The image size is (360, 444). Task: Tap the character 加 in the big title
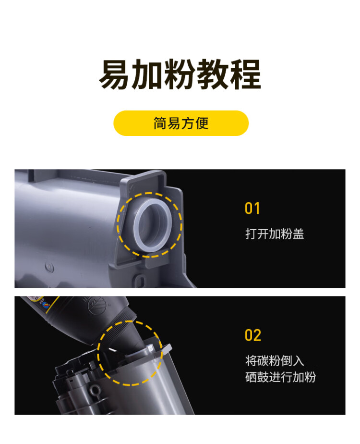[x=147, y=74]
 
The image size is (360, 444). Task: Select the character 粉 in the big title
[x=180, y=74]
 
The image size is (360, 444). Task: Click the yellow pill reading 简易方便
[x=180, y=123]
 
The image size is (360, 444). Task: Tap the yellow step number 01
[x=252, y=209]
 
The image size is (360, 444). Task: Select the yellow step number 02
[x=253, y=335]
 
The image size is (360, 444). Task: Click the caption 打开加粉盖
[x=275, y=234]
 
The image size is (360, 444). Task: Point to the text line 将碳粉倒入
[x=275, y=361]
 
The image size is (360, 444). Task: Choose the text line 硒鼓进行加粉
[x=280, y=377]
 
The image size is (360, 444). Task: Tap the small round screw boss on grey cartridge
[x=48, y=265]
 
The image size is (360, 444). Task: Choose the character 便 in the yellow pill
[x=202, y=123]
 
